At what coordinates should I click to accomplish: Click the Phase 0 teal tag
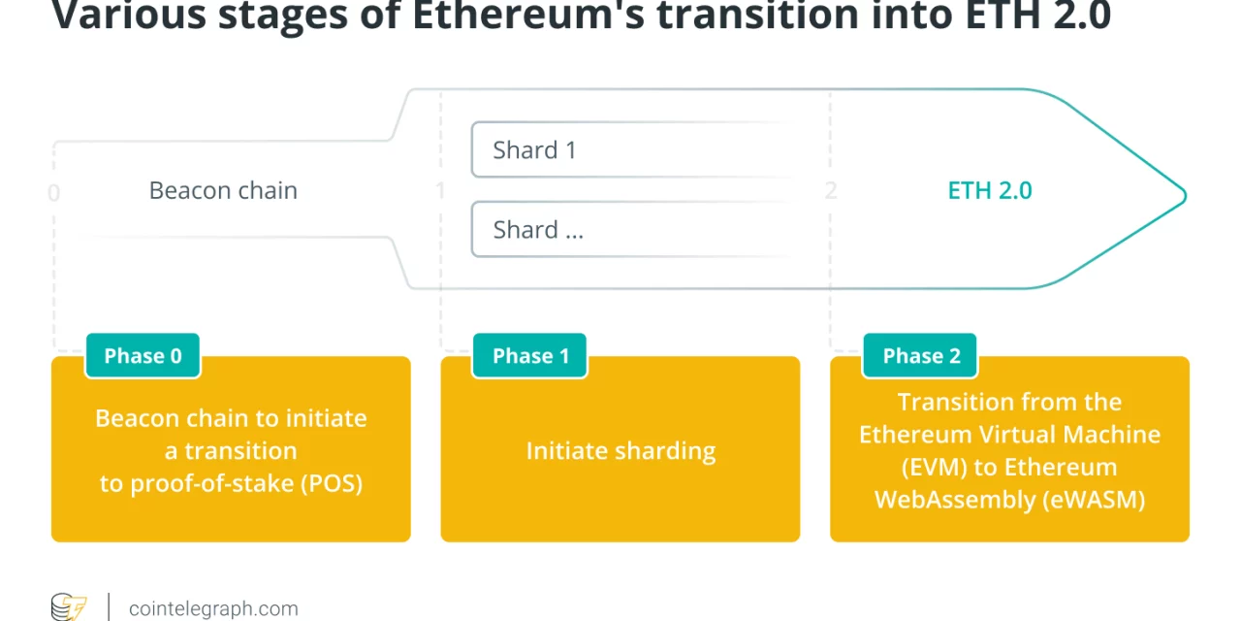143,356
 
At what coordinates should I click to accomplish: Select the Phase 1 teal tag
530,356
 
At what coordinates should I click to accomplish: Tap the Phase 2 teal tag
920,356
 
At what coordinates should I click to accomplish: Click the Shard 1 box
630,150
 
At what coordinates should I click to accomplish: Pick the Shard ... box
630,230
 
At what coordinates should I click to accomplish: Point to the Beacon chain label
223,190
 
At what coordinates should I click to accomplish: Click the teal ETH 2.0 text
989,190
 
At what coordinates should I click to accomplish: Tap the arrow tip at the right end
1182,195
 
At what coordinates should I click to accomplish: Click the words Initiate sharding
620,450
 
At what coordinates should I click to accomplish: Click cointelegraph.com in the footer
213,608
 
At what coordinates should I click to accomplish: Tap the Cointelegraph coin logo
69,607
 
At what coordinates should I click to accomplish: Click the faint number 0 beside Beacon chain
53,193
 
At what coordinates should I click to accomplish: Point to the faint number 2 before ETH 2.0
830,190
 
